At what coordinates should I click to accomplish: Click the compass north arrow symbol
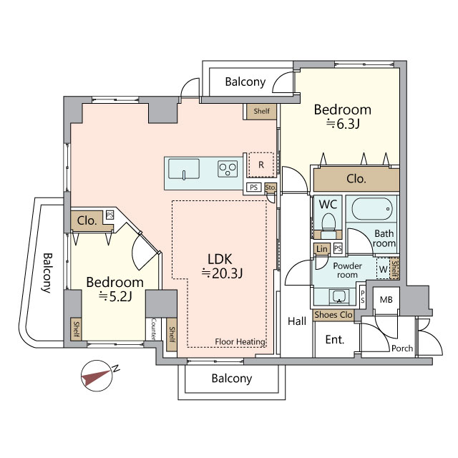[97, 376]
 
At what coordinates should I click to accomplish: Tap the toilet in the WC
[328, 224]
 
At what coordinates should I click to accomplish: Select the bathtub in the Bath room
[371, 209]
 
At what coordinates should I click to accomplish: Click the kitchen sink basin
[184, 169]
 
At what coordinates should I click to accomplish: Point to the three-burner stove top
[228, 169]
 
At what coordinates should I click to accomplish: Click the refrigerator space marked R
[260, 165]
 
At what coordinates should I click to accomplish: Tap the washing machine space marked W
[383, 269]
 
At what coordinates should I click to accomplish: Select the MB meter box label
[386, 299]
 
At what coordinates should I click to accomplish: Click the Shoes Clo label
[333, 315]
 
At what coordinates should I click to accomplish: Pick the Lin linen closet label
[321, 249]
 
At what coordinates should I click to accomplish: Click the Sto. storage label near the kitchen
[271, 187]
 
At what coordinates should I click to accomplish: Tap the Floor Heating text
[240, 341]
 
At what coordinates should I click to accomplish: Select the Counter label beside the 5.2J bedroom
[154, 329]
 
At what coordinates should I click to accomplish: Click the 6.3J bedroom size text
[343, 124]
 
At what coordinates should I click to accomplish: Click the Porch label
[402, 349]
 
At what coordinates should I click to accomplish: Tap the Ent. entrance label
[335, 339]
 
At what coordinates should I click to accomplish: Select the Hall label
[297, 321]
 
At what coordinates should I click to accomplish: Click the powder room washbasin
[338, 296]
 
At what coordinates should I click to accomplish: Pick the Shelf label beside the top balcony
[261, 111]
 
